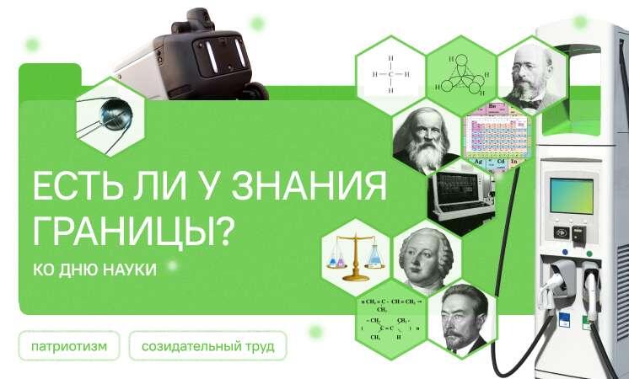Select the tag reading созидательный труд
pyautogui.click(x=207, y=346)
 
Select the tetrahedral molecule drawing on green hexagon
pyautogui.click(x=460, y=73)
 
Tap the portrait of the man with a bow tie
pyautogui.click(x=530, y=75)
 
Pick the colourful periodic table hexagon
pyautogui.click(x=496, y=135)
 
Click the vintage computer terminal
pyautogui.click(x=460, y=198)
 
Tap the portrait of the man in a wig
pyautogui.click(x=427, y=258)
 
